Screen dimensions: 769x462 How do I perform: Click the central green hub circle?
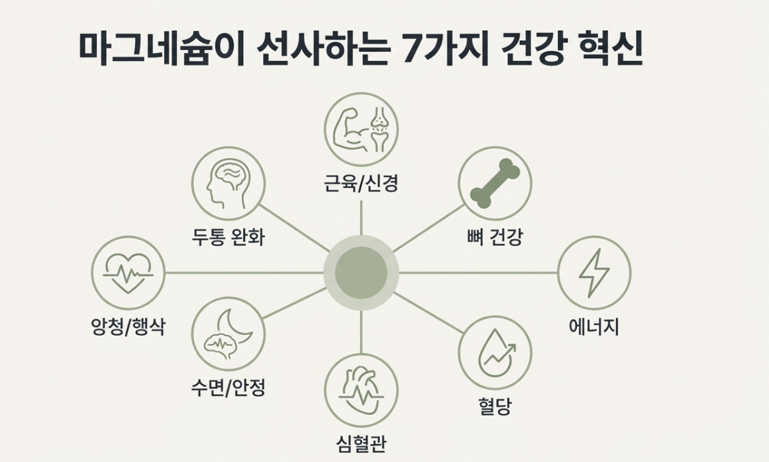click(361, 273)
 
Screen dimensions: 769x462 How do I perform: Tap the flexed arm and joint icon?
click(361, 129)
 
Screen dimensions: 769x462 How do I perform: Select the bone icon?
click(494, 182)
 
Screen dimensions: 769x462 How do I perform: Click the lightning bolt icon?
click(593, 273)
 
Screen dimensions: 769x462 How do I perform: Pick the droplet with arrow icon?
click(494, 352)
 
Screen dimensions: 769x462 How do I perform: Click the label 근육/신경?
click(361, 183)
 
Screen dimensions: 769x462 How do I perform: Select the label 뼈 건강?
click(494, 237)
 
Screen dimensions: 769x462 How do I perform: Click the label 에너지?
click(593, 327)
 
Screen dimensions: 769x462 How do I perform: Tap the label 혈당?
click(494, 407)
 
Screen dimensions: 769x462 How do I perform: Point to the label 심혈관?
click(361, 444)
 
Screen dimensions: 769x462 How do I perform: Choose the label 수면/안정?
click(227, 388)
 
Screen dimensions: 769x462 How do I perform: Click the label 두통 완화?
click(227, 237)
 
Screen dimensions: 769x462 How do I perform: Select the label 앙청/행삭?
click(128, 327)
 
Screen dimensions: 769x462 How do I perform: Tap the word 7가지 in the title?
click(446, 49)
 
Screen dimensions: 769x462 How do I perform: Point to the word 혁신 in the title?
click(611, 49)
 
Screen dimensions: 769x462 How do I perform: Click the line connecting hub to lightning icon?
click(478, 273)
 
